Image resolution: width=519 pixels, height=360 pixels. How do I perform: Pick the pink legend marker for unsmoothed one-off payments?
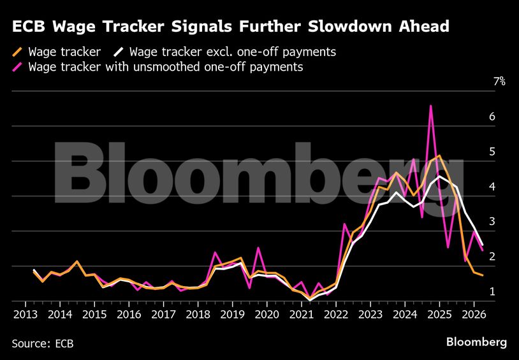click(18, 67)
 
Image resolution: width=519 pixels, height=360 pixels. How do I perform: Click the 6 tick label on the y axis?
click(492, 117)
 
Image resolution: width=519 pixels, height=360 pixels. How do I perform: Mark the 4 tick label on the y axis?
click(492, 187)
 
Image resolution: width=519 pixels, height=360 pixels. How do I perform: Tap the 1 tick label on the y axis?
click(492, 292)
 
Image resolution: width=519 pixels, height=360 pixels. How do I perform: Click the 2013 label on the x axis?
click(24, 314)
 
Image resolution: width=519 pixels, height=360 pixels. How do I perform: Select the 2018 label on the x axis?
click(198, 314)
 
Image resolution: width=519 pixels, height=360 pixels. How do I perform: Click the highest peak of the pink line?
click(431, 106)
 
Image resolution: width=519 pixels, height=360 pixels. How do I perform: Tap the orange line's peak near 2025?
click(439, 155)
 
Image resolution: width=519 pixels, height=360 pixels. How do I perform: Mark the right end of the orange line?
click(482, 275)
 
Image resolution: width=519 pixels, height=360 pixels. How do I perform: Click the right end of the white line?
click(482, 245)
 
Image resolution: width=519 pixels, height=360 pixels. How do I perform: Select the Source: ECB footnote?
click(42, 343)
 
